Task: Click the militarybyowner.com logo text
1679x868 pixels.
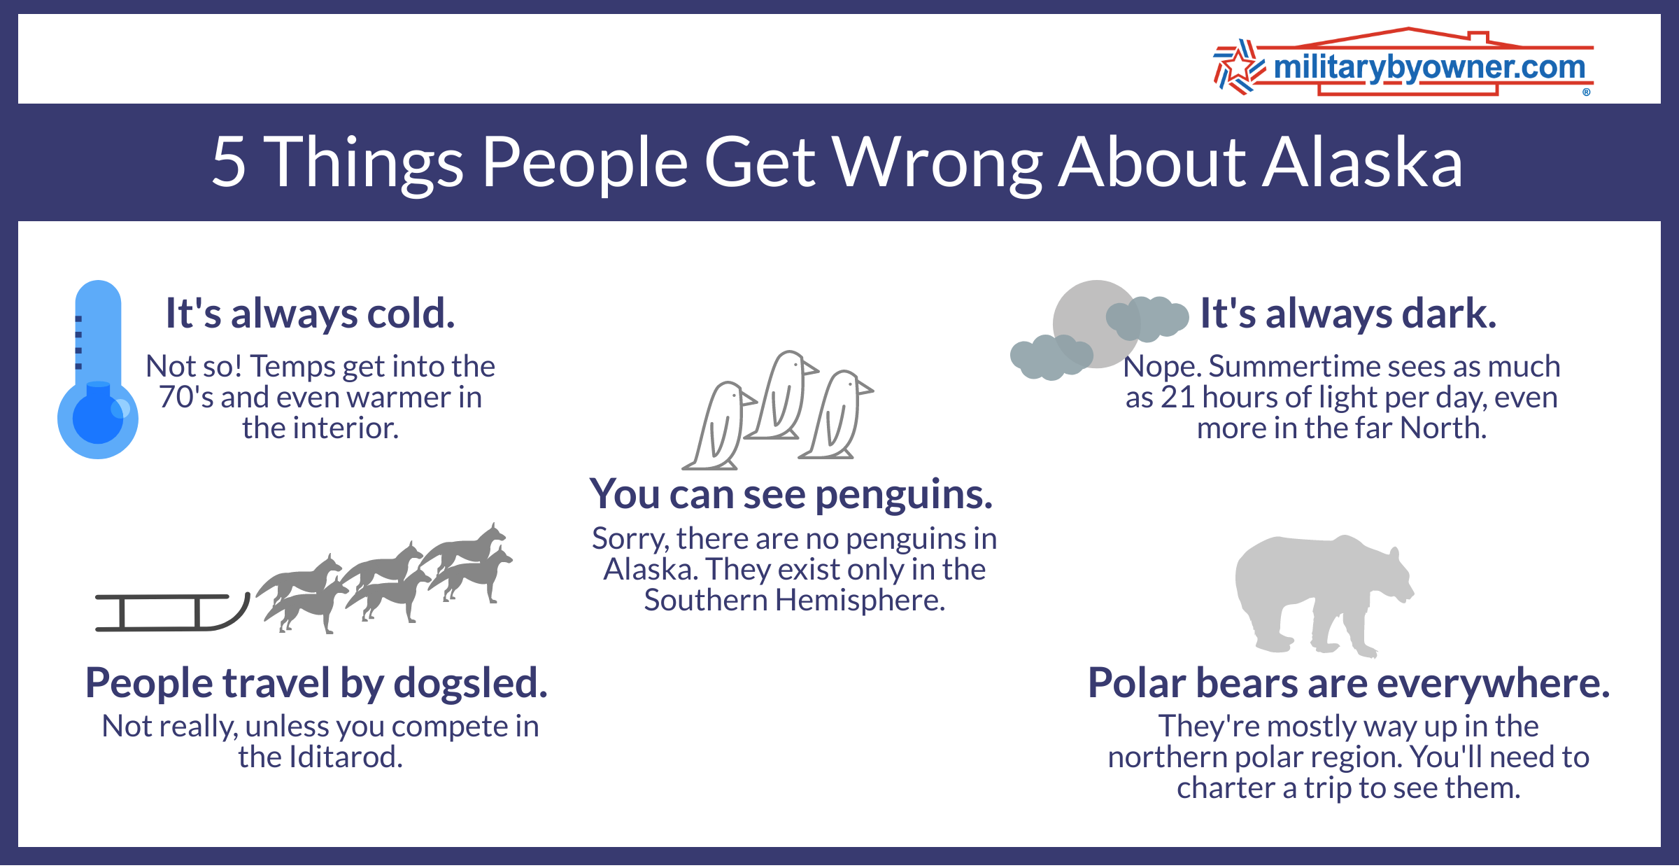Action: coord(1429,68)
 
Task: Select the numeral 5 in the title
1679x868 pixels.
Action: coord(229,162)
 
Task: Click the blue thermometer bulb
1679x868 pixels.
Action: coord(98,419)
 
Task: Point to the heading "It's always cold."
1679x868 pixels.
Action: coord(310,313)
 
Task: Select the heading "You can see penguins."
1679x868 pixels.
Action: coord(791,494)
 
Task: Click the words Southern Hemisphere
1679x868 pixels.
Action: coord(794,601)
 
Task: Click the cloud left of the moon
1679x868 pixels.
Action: coord(1049,357)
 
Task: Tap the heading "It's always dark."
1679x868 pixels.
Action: coord(1348,313)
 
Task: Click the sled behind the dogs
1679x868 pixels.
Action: coord(171,612)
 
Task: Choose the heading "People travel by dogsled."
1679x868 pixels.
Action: coord(316,683)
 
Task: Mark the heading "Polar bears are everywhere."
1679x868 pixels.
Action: coord(1349,683)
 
